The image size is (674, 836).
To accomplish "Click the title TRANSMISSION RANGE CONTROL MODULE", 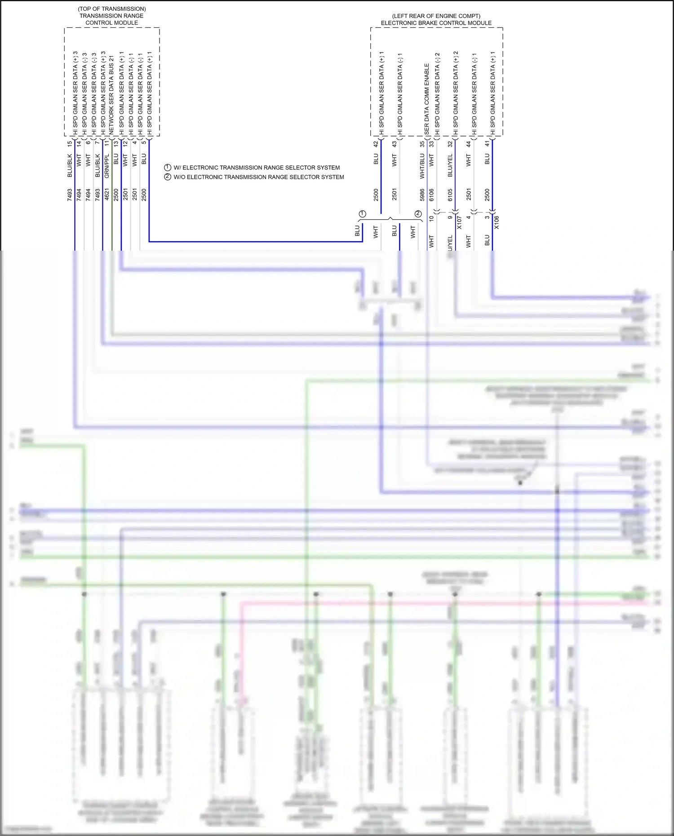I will coord(111,19).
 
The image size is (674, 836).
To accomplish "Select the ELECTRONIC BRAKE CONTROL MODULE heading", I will coord(436,23).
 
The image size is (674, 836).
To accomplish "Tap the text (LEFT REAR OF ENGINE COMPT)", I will coord(436,16).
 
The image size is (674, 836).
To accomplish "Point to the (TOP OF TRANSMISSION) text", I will coord(111,9).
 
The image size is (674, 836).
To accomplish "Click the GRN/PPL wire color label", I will coord(106,166).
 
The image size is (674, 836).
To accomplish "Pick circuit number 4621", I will coord(106,195).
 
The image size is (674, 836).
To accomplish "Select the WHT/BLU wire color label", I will coord(422,166).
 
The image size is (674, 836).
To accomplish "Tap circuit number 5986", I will coord(422,195).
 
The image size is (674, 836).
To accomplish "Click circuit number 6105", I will coord(450,195).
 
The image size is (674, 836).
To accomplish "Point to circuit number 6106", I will coord(431,195).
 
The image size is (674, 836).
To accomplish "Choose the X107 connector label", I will coord(459,222).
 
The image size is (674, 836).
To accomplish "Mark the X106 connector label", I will coord(497,222).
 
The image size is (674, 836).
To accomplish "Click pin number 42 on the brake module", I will coord(376,144).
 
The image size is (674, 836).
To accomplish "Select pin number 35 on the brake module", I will coord(422,144).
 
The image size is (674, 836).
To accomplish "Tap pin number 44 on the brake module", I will coord(468,144).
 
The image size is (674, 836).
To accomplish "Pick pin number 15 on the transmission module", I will coord(69,144).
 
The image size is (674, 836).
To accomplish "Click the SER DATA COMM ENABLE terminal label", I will coord(426,99).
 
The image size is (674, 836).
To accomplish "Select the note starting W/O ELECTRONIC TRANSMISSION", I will coord(259,177).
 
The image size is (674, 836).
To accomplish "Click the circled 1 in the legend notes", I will coord(168,167).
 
